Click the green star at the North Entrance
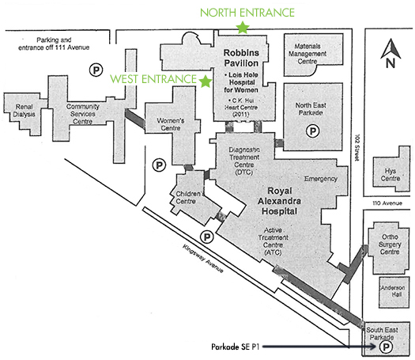click(x=243, y=28)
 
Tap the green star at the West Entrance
click(x=206, y=81)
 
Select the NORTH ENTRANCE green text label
click(x=247, y=12)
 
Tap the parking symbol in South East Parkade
click(x=387, y=346)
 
